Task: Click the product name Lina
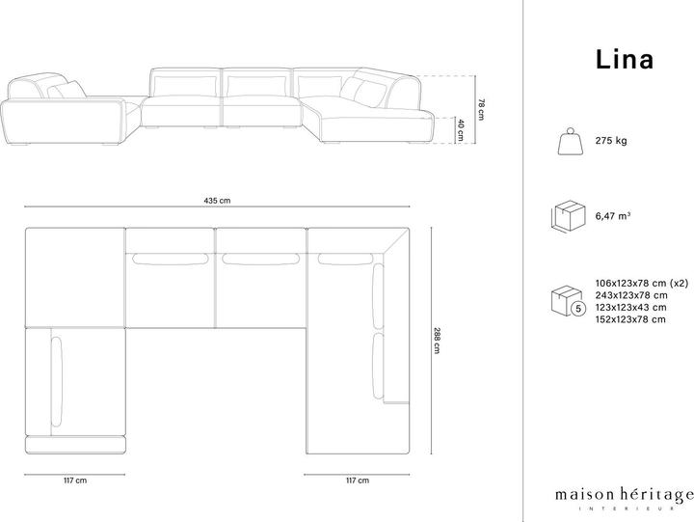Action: click(x=624, y=60)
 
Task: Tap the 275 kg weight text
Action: click(x=611, y=141)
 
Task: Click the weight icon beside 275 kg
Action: click(x=571, y=141)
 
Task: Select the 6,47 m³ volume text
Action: click(x=613, y=216)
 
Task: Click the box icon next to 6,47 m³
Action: click(x=569, y=216)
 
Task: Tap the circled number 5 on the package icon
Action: click(x=578, y=309)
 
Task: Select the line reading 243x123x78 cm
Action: click(x=631, y=295)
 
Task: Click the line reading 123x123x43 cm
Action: click(x=630, y=307)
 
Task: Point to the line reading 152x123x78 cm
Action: click(x=630, y=319)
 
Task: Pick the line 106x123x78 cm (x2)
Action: click(x=642, y=283)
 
